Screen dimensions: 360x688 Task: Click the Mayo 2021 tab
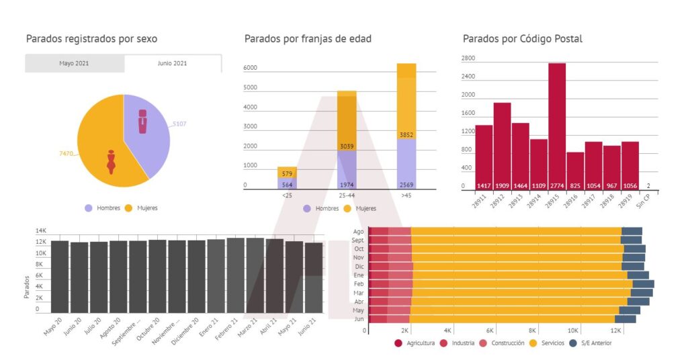coord(74,63)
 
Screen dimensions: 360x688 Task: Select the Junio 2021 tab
coord(173,63)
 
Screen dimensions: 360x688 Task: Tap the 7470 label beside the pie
coord(66,154)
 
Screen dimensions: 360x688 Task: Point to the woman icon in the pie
coord(111,163)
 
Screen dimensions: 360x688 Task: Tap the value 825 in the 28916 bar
coord(574,186)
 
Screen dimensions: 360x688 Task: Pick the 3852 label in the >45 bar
coord(406,135)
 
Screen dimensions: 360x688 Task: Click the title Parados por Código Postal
coord(522,39)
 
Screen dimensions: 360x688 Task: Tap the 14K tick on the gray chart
coord(41,231)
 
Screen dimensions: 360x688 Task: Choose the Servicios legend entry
coord(545,343)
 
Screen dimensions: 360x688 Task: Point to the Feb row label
coord(358,284)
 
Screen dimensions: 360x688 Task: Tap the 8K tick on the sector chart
coord(532,331)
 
